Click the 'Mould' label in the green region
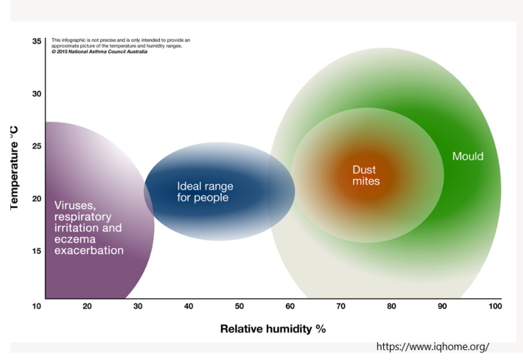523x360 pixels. click(467, 156)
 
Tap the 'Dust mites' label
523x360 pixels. click(365, 175)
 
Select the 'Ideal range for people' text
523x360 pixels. click(205, 192)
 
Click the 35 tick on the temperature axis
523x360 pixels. click(37, 42)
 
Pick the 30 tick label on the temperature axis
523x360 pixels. click(37, 94)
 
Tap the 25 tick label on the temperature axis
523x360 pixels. click(37, 146)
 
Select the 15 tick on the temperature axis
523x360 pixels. click(37, 251)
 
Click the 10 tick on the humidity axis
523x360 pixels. click(37, 306)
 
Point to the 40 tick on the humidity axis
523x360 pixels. click(188, 306)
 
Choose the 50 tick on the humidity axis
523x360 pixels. click(239, 306)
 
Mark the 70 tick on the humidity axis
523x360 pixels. click(340, 306)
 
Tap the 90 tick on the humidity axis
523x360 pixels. click(442, 306)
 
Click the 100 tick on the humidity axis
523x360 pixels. click(494, 306)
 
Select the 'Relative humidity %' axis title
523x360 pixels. click(272, 329)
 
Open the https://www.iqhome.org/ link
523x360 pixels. click(433, 347)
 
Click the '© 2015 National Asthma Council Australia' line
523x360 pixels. click(99, 51)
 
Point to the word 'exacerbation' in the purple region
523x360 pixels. click(89, 251)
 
